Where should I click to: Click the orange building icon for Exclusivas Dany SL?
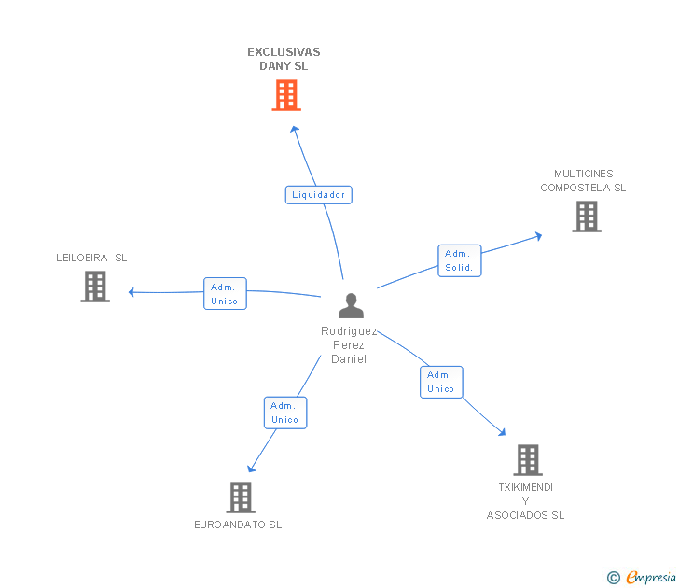pyautogui.click(x=286, y=95)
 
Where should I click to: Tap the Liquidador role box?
pyautogui.click(x=319, y=195)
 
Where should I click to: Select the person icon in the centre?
pyautogui.click(x=351, y=306)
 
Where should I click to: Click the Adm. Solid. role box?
pyautogui.click(x=460, y=260)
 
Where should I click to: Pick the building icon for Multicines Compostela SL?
pyautogui.click(x=587, y=217)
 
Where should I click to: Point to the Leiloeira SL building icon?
pyautogui.click(x=95, y=287)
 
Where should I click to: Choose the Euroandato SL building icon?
pyautogui.click(x=241, y=497)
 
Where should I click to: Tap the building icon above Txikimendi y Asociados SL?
pyautogui.click(x=528, y=460)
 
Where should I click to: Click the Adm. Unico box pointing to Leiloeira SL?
pyautogui.click(x=225, y=294)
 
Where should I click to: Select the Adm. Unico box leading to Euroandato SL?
pyautogui.click(x=285, y=413)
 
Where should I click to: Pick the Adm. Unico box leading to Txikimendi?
pyautogui.click(x=441, y=382)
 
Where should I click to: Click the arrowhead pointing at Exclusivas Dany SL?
pyautogui.click(x=295, y=129)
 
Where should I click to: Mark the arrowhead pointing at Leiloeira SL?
pyautogui.click(x=132, y=292)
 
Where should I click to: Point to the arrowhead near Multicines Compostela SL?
pyautogui.click(x=538, y=236)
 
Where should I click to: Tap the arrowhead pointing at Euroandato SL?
pyautogui.click(x=251, y=469)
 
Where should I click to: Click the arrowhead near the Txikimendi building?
pyautogui.click(x=502, y=432)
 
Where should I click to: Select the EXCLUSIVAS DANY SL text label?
pyautogui.click(x=284, y=59)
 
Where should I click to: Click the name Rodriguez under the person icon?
pyautogui.click(x=349, y=331)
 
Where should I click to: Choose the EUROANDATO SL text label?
pyautogui.click(x=238, y=525)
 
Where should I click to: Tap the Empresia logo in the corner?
pyautogui.click(x=642, y=577)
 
